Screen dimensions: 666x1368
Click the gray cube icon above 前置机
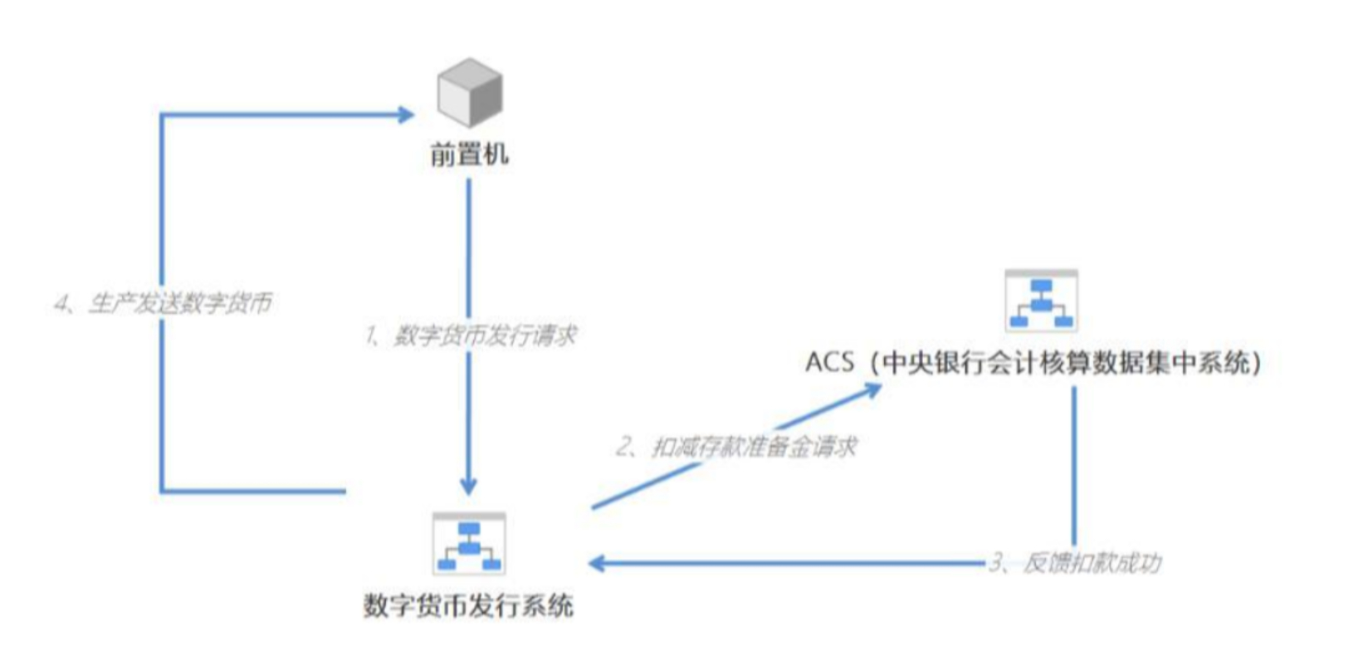click(x=469, y=92)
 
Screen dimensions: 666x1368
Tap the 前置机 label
click(x=469, y=154)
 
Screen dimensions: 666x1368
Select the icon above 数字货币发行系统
click(x=469, y=544)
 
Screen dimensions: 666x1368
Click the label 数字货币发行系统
click(x=468, y=605)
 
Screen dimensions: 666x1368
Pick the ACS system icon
click(x=1041, y=301)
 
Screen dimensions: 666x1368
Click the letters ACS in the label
click(x=828, y=363)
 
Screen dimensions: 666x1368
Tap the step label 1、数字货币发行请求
click(x=471, y=335)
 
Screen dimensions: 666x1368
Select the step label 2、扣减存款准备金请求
click(x=736, y=448)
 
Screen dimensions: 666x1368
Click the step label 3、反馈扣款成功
click(x=1075, y=564)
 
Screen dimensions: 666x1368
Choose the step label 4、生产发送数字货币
click(x=164, y=303)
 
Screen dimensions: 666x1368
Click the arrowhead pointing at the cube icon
click(x=406, y=115)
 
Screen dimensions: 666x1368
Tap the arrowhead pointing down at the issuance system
click(x=469, y=485)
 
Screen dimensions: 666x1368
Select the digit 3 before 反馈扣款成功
click(x=995, y=564)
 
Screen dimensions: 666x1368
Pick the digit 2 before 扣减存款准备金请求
click(x=623, y=448)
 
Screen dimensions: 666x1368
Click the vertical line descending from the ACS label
click(x=1074, y=465)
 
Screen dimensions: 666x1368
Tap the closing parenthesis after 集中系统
click(x=1258, y=363)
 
